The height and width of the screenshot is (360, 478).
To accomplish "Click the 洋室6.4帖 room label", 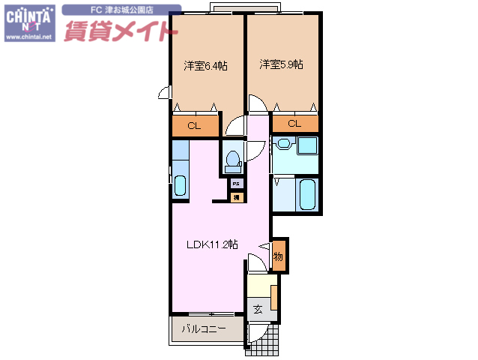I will (x=206, y=66).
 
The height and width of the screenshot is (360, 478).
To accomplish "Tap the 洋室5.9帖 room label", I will (x=282, y=65).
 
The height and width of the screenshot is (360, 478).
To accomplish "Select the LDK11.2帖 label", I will (x=213, y=244).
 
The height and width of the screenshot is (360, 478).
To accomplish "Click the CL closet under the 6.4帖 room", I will (x=194, y=126).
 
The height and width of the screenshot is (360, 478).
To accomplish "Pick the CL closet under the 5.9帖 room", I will (x=294, y=124).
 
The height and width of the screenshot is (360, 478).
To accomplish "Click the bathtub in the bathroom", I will (x=307, y=193).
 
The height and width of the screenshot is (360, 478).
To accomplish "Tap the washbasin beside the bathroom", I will (x=283, y=143).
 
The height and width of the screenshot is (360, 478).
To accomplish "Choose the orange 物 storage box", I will (x=278, y=256).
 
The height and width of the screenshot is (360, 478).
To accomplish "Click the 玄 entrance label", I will (x=257, y=309).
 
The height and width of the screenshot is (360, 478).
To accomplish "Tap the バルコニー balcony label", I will (x=204, y=328).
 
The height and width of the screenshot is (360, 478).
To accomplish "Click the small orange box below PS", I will (x=236, y=197).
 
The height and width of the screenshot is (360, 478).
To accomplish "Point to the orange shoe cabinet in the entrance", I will (x=274, y=297).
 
